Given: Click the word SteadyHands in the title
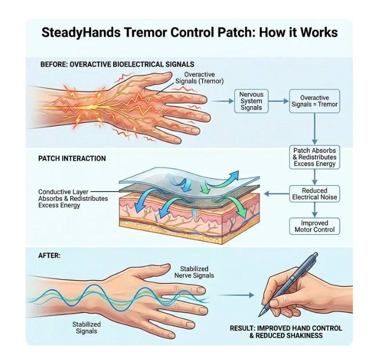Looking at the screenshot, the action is click(81, 33).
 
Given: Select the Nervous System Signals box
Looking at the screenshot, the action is click(251, 101).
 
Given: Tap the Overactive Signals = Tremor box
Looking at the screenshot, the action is click(315, 101).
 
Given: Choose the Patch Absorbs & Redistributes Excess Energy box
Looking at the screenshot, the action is click(315, 157).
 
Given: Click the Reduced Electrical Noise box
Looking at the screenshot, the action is click(315, 194).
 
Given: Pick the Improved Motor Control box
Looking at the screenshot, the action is click(315, 226).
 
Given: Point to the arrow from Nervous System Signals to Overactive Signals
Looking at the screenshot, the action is click(279, 101).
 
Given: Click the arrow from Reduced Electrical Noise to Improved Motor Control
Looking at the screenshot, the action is click(315, 210).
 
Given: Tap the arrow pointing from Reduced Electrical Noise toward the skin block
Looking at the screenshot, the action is click(276, 194).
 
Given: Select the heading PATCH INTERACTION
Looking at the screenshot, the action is click(72, 158).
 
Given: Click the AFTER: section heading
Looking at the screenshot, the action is click(49, 255).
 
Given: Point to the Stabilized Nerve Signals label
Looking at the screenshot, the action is click(194, 272).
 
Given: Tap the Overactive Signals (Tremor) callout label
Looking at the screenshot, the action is click(199, 78).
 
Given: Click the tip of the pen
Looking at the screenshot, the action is click(260, 316).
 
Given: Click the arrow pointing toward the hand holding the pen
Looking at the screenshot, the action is click(236, 295).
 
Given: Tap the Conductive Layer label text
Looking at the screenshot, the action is click(63, 192).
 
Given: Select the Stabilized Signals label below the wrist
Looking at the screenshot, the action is click(87, 328).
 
